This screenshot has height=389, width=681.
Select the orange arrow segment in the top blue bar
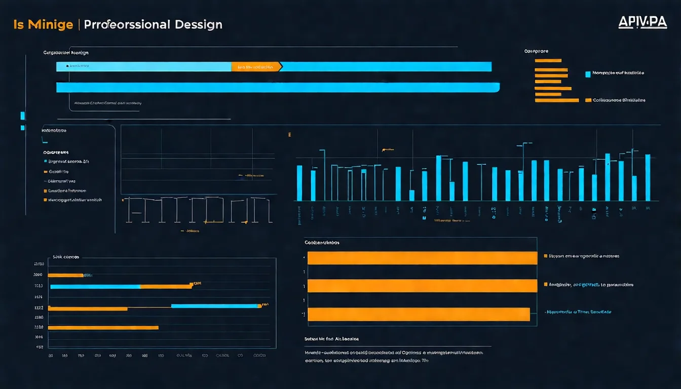(x=256, y=67)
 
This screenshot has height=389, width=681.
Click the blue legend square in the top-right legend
(x=588, y=73)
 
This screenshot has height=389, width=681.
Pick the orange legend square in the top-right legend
(x=588, y=100)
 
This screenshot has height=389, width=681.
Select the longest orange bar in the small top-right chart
(x=556, y=100)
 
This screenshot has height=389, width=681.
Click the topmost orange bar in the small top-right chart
(x=548, y=60)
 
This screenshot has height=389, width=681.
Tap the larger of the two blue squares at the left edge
(x=22, y=116)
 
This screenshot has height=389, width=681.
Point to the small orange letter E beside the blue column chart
(x=290, y=135)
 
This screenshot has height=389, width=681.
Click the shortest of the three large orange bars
(x=419, y=315)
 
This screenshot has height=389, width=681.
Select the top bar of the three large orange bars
(x=422, y=258)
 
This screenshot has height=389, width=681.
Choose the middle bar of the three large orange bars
(x=422, y=286)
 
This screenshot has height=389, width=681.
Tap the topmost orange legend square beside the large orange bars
(x=545, y=256)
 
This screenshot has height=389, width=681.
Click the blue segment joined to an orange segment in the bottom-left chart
(x=95, y=286)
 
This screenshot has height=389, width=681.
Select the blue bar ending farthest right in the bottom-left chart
(x=214, y=306)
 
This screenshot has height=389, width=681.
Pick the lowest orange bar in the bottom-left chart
(x=103, y=328)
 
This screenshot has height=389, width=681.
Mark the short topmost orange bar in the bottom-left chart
(x=65, y=275)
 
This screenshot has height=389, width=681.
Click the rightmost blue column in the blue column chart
(x=648, y=177)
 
